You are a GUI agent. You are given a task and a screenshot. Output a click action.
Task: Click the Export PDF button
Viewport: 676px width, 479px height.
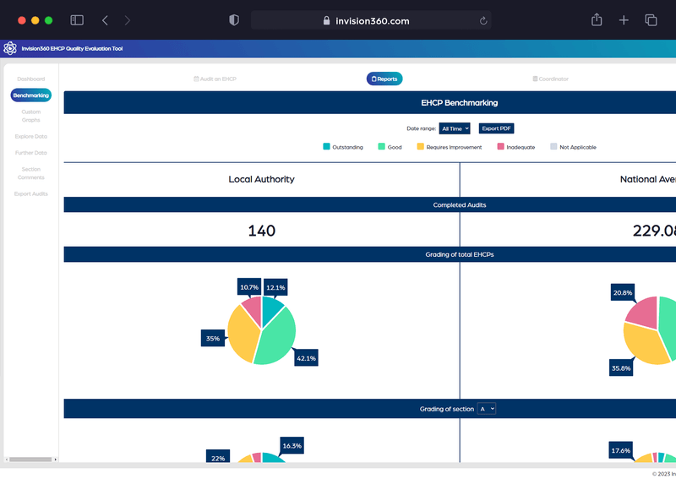(x=496, y=128)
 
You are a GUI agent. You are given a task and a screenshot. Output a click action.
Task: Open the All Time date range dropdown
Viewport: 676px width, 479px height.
(x=455, y=128)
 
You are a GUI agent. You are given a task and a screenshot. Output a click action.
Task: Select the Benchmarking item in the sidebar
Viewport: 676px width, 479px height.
(x=31, y=95)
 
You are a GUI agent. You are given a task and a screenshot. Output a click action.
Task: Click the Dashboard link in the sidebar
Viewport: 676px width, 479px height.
(x=31, y=79)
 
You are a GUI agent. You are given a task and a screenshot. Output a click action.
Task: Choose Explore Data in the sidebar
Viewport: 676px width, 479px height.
(x=31, y=136)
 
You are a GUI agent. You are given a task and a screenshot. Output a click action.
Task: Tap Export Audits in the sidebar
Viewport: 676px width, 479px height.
(x=31, y=193)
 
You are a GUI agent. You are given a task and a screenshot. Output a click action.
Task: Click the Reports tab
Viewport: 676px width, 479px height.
(x=384, y=79)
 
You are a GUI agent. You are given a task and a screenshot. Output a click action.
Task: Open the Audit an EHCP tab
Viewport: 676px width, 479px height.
(x=215, y=79)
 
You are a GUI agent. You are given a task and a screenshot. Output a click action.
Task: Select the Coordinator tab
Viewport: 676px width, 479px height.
(x=550, y=79)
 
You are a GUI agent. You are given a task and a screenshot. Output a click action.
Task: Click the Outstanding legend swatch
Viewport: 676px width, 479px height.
(x=326, y=147)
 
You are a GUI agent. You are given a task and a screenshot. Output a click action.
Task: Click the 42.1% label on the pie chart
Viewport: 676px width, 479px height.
(x=305, y=358)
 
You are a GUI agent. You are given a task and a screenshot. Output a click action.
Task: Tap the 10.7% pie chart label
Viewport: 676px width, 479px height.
(x=249, y=287)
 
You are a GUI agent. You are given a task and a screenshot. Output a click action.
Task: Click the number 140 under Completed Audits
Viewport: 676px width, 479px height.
(x=261, y=231)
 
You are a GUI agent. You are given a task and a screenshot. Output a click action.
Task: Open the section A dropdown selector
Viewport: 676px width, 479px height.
(x=487, y=409)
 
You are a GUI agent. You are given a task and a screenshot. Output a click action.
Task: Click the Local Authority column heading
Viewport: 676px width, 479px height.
(x=261, y=179)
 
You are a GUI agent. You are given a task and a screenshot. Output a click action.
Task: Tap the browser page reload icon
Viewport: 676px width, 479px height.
(x=483, y=20)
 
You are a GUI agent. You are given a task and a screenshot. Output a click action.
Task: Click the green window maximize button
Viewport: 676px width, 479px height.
(x=49, y=20)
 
